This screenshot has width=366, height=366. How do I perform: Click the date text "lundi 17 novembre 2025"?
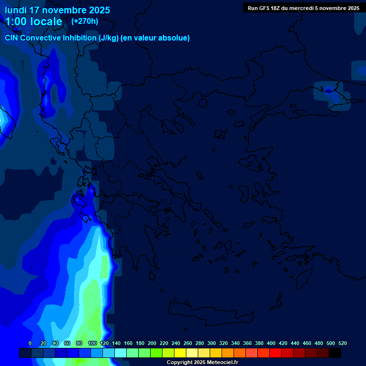(57, 10)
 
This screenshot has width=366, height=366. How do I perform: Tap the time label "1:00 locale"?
(33, 21)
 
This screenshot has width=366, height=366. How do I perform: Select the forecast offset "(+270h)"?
(84, 21)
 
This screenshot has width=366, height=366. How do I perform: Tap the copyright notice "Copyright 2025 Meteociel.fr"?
(202, 363)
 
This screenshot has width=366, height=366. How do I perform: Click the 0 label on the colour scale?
(30, 343)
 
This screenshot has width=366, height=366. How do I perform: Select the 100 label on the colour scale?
(92, 343)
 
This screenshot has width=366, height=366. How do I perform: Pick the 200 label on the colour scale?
(152, 343)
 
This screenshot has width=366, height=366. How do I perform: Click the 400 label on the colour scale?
(271, 343)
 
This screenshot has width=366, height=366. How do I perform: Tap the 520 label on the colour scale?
(342, 343)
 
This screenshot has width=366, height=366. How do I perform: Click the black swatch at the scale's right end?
(335, 353)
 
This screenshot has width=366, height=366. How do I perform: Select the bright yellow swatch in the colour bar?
(180, 353)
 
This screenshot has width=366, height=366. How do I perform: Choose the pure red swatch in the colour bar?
(275, 353)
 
